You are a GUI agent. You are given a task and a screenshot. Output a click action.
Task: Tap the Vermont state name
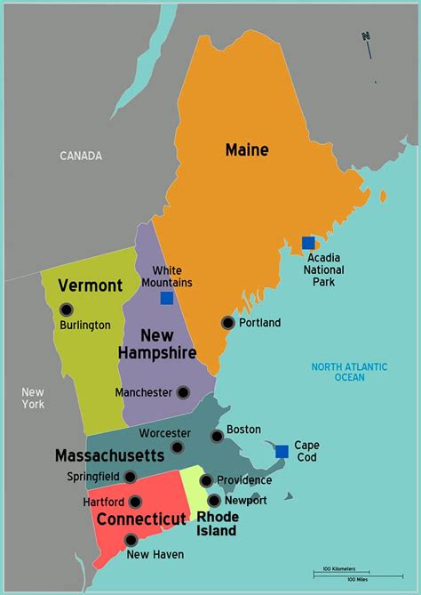coord(90,285)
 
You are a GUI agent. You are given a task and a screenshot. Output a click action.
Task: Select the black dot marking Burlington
coord(67,310)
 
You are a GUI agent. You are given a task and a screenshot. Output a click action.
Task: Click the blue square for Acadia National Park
coord(308,243)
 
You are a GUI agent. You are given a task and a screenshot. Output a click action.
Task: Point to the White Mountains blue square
coord(166,298)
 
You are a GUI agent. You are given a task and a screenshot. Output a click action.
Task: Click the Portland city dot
coord(228,323)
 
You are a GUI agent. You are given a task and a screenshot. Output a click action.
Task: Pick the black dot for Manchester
coord(183,392)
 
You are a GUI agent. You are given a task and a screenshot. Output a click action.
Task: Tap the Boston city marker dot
coord(217,436)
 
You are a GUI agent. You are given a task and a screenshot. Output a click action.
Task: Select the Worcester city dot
coord(178,447)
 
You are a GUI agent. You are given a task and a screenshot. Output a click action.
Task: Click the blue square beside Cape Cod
coord(282,451)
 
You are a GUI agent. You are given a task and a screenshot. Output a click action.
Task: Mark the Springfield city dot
coord(130,477)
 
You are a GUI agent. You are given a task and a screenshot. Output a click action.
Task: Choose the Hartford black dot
coord(135,502)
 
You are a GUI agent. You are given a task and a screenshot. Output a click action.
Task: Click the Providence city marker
coord(206,481)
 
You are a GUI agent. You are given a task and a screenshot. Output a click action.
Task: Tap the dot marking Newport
coord(214,501)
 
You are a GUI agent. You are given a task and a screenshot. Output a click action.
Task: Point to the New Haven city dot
coord(131,540)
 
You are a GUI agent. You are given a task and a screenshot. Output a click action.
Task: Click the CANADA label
coord(81,156)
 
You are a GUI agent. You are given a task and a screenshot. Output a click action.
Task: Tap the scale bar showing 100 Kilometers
coord(341,571)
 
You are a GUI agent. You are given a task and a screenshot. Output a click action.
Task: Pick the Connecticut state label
coord(142,519)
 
